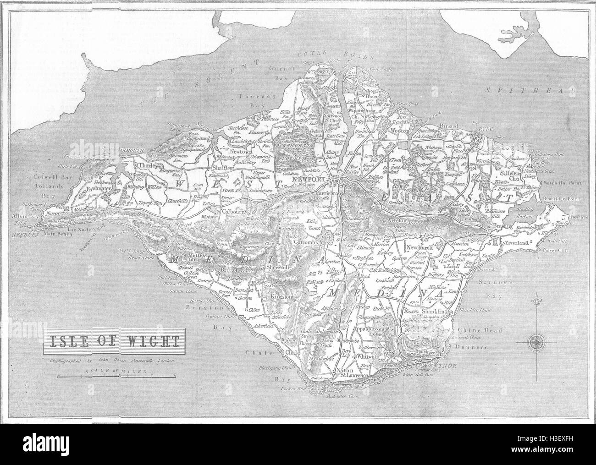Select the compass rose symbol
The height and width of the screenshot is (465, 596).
pyautogui.click(x=535, y=341)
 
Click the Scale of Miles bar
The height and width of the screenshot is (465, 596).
pyautogui.click(x=116, y=377)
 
